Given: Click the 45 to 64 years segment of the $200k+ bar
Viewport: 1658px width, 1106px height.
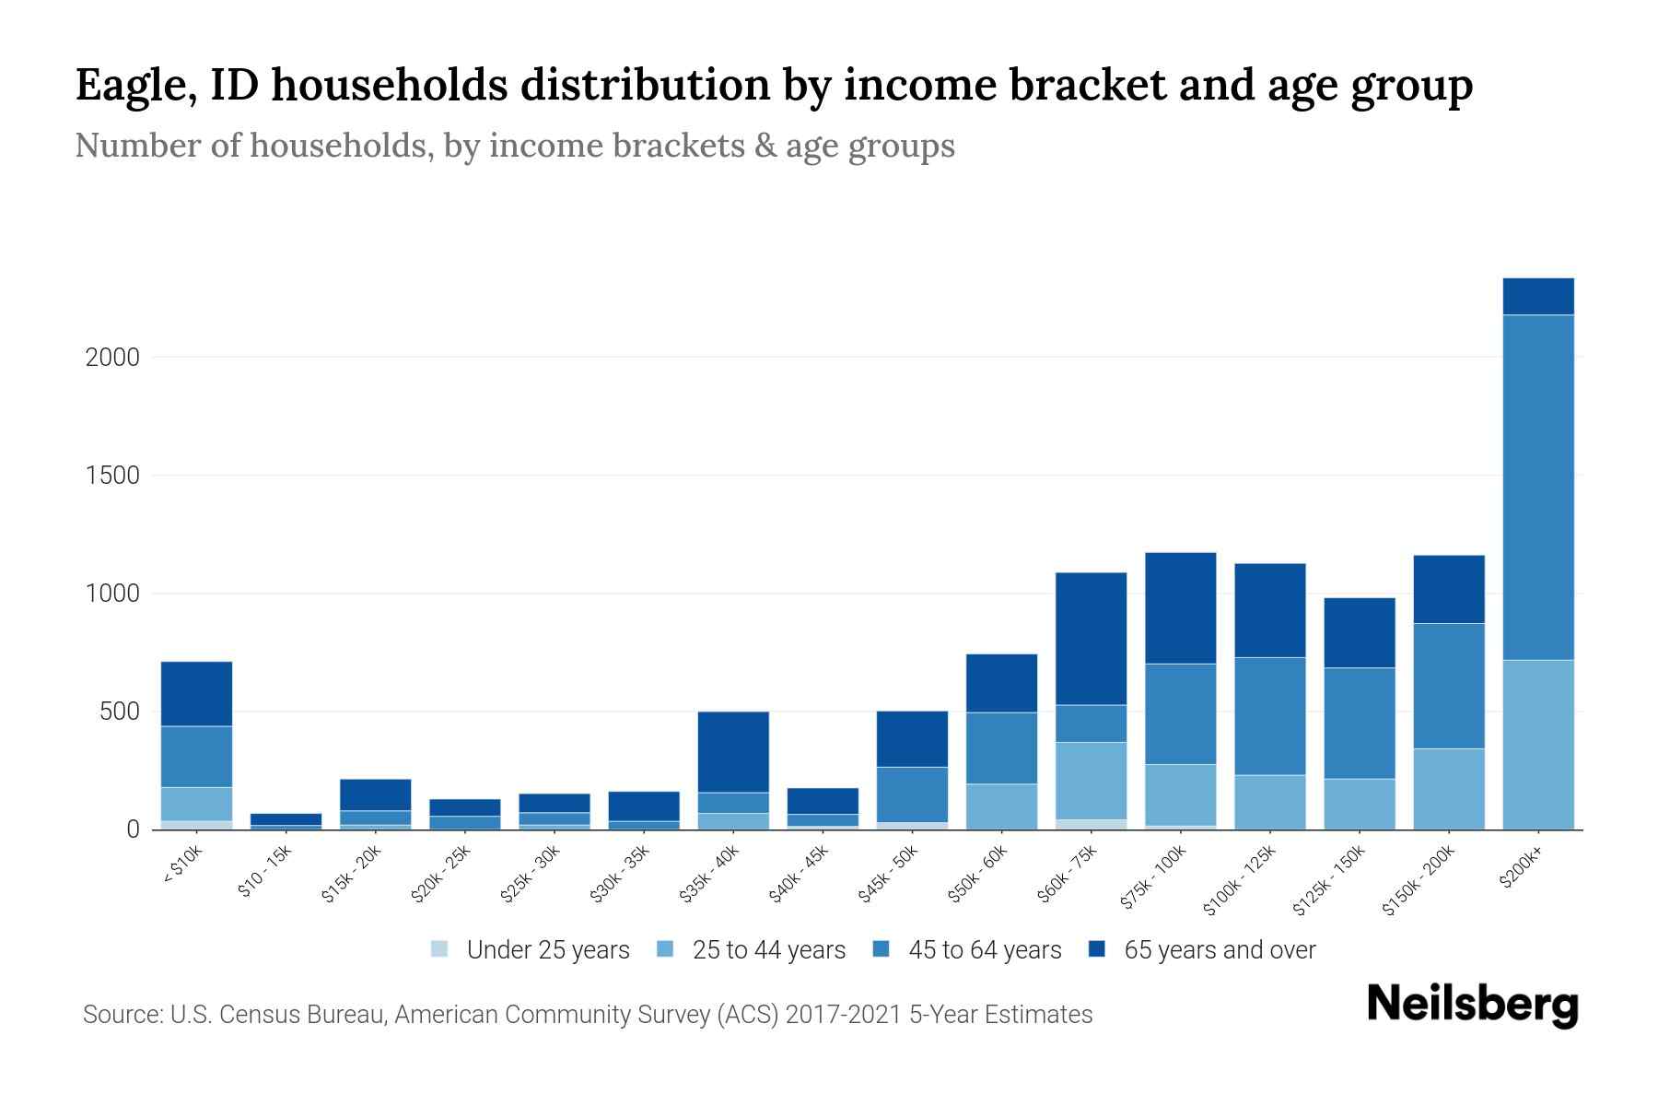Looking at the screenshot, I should coord(1537,487).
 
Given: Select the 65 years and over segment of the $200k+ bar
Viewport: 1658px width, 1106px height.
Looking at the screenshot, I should coord(1537,296).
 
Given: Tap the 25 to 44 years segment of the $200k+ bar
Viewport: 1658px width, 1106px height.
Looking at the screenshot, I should coord(1537,744).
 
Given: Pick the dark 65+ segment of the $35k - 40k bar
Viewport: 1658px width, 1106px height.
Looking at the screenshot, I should coord(733,751).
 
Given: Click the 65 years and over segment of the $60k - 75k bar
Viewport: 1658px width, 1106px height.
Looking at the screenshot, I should coord(1091,638).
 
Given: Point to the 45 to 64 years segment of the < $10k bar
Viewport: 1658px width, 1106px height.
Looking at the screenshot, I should coord(196,756).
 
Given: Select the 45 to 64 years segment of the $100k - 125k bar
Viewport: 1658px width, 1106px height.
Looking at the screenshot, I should coord(1269,715).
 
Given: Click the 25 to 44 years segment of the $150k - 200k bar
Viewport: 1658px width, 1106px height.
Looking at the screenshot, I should coord(1448,788).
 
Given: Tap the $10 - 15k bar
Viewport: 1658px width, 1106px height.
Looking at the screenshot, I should coord(286,819).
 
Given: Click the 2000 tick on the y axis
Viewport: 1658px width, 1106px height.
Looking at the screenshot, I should coord(112,358).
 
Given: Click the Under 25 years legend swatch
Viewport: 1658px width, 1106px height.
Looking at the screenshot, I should coord(439,948).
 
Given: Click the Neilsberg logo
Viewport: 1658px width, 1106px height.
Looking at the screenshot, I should coord(1472,1005).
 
